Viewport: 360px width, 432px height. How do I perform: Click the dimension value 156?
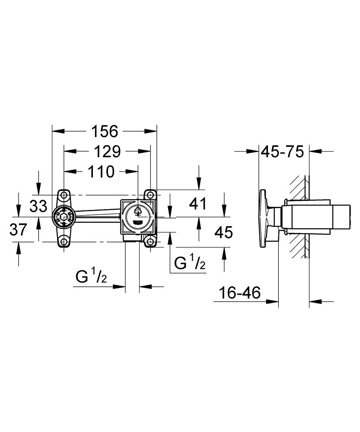pos(105,131)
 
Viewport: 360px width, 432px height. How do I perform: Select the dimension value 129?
pos(108,152)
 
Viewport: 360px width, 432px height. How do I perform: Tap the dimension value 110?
pos(101,172)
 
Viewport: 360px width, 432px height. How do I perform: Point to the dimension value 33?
pos(38,206)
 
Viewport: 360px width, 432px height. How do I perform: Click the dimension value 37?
pos(18,229)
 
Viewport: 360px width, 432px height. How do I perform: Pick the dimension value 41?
pos(198,203)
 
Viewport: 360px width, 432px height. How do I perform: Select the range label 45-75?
pos(283,152)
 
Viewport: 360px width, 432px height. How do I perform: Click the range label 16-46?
pos(239,292)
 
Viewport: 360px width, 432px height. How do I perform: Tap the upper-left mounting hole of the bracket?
pos(64,195)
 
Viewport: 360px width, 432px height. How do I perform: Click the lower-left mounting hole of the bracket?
pos(64,241)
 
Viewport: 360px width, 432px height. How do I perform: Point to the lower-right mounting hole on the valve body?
pos(150,241)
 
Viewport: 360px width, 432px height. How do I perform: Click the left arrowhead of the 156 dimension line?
pos(58,131)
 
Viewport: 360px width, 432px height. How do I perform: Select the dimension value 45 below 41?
pos(223,232)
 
